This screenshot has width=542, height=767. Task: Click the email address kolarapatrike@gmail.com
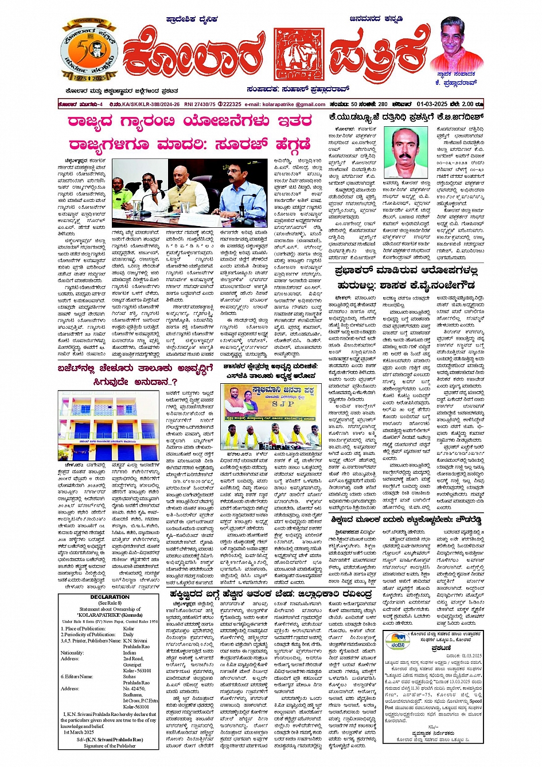coord(293,104)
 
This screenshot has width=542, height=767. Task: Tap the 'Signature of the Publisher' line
coord(110,745)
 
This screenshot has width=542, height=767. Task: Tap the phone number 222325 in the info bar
coord(232,104)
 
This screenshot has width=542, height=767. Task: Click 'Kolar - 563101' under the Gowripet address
coord(137,670)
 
